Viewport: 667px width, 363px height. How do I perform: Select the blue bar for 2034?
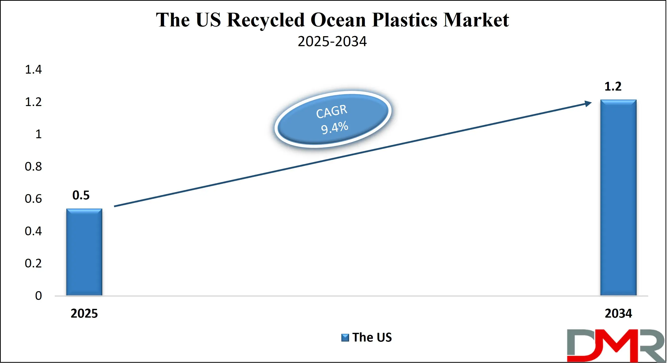coord(618,197)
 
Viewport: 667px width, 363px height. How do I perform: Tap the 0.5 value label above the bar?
coord(81,195)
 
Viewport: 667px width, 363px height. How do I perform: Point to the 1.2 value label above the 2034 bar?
coord(613,86)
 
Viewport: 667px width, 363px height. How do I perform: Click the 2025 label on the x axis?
coord(84,313)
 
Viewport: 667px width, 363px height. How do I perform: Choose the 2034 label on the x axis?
coord(618,313)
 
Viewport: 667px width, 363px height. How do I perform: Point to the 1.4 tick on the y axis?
coord(33,69)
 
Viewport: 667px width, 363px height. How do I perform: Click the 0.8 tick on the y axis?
coord(33,166)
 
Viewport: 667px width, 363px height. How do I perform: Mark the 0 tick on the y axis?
coord(38,296)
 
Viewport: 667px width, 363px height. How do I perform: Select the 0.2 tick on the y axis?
coord(33,263)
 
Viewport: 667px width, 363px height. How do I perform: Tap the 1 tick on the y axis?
coord(38,134)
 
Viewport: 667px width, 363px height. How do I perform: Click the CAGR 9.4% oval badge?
coord(333,120)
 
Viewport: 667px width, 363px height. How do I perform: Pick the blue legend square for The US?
coord(345,338)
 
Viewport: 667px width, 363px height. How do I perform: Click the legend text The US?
coord(372,337)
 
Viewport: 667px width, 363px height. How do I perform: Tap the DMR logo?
coord(616,345)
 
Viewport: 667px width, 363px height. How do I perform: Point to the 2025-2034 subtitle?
coord(332,41)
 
